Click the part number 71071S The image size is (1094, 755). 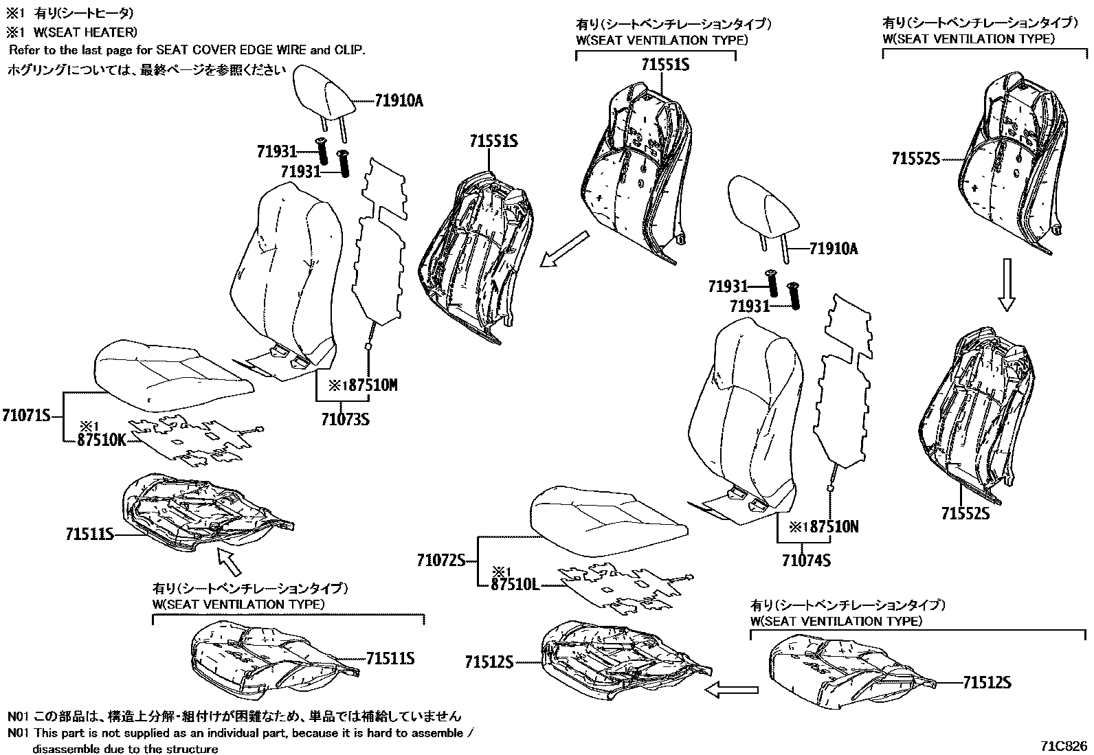pos(27,416)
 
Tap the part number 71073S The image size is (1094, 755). pos(345,418)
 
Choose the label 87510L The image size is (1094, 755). pos(515,585)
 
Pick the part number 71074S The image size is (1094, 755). pos(806,561)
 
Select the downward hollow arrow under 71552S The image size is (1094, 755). pos(1006,284)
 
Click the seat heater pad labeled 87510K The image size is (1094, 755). pos(194,440)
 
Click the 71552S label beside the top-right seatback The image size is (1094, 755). pos(915,159)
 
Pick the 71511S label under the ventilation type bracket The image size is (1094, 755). pos(390,658)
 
